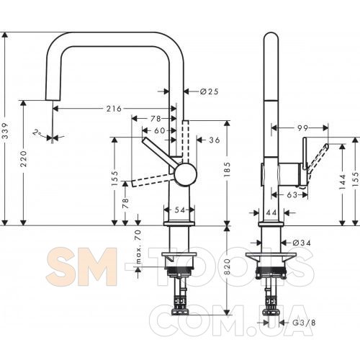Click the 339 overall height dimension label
[5, 131]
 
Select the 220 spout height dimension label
[24, 159]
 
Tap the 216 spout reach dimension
[114, 109]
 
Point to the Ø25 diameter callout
[209, 91]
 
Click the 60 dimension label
[160, 130]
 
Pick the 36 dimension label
[215, 140]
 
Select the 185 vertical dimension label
[227, 170]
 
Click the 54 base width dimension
[180, 210]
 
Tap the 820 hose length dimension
[227, 267]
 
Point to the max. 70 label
[138, 246]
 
